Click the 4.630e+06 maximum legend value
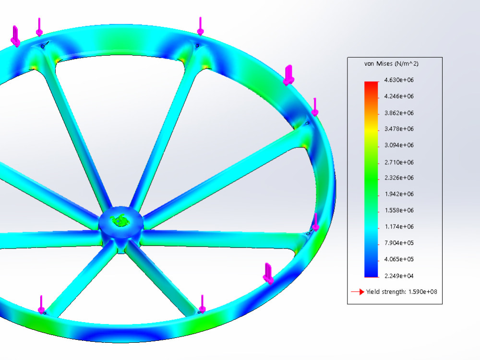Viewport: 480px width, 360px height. point(399,80)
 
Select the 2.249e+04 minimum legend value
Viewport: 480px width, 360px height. point(399,276)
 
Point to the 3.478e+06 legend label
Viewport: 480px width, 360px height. point(399,129)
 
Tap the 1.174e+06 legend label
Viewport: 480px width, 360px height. point(399,227)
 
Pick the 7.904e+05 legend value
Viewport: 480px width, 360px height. point(399,243)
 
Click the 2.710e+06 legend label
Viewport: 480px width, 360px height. point(399,162)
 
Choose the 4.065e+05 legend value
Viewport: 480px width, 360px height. point(399,259)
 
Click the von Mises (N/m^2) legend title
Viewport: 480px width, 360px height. point(391,64)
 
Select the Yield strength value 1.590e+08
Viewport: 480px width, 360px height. point(423,292)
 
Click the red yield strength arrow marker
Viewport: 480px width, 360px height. point(358,292)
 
